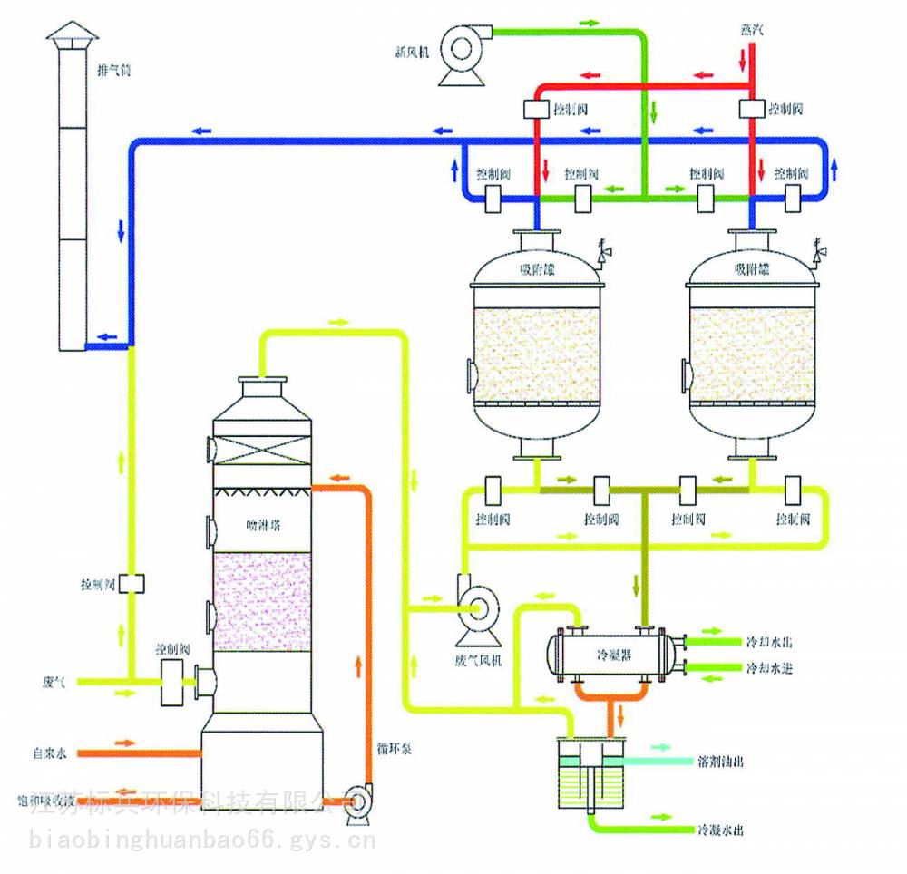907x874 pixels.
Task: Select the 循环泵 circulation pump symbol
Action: coord(356,800)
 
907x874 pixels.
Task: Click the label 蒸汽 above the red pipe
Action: coord(752,30)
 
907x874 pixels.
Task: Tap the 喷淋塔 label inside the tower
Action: coord(263,524)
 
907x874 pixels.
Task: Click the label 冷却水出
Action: coord(769,642)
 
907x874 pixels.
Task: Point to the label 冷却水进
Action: coord(769,668)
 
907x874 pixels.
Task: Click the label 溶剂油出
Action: coord(722,762)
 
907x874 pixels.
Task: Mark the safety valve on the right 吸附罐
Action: coord(819,251)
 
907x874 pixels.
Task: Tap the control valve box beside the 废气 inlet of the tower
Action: coord(172,683)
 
